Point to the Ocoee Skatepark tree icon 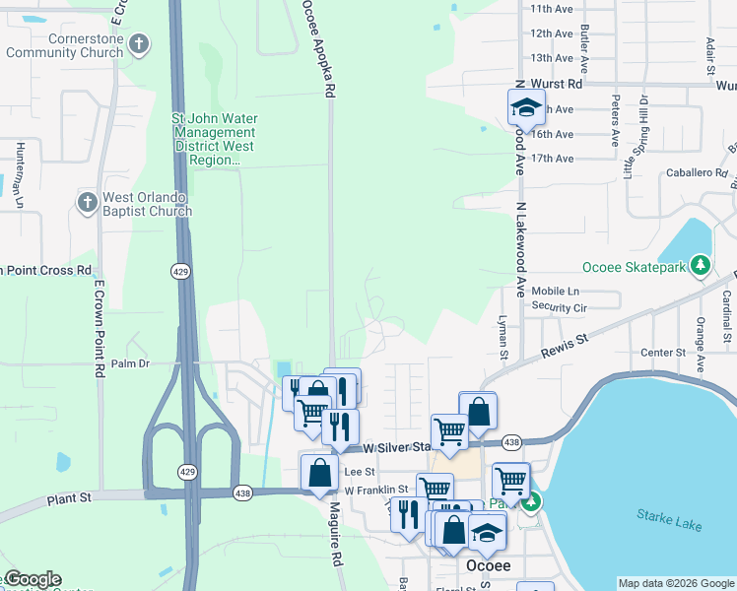coord(701,265)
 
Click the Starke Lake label coord(669,519)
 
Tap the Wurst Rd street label coord(556,85)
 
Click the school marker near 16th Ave coord(526,107)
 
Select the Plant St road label coord(68,500)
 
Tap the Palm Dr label coord(129,363)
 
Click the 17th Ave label coord(552,159)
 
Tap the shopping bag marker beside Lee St coord(319,473)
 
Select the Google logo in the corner coord(32,579)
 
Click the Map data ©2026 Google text coord(675,583)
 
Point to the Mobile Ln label coord(556,292)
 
